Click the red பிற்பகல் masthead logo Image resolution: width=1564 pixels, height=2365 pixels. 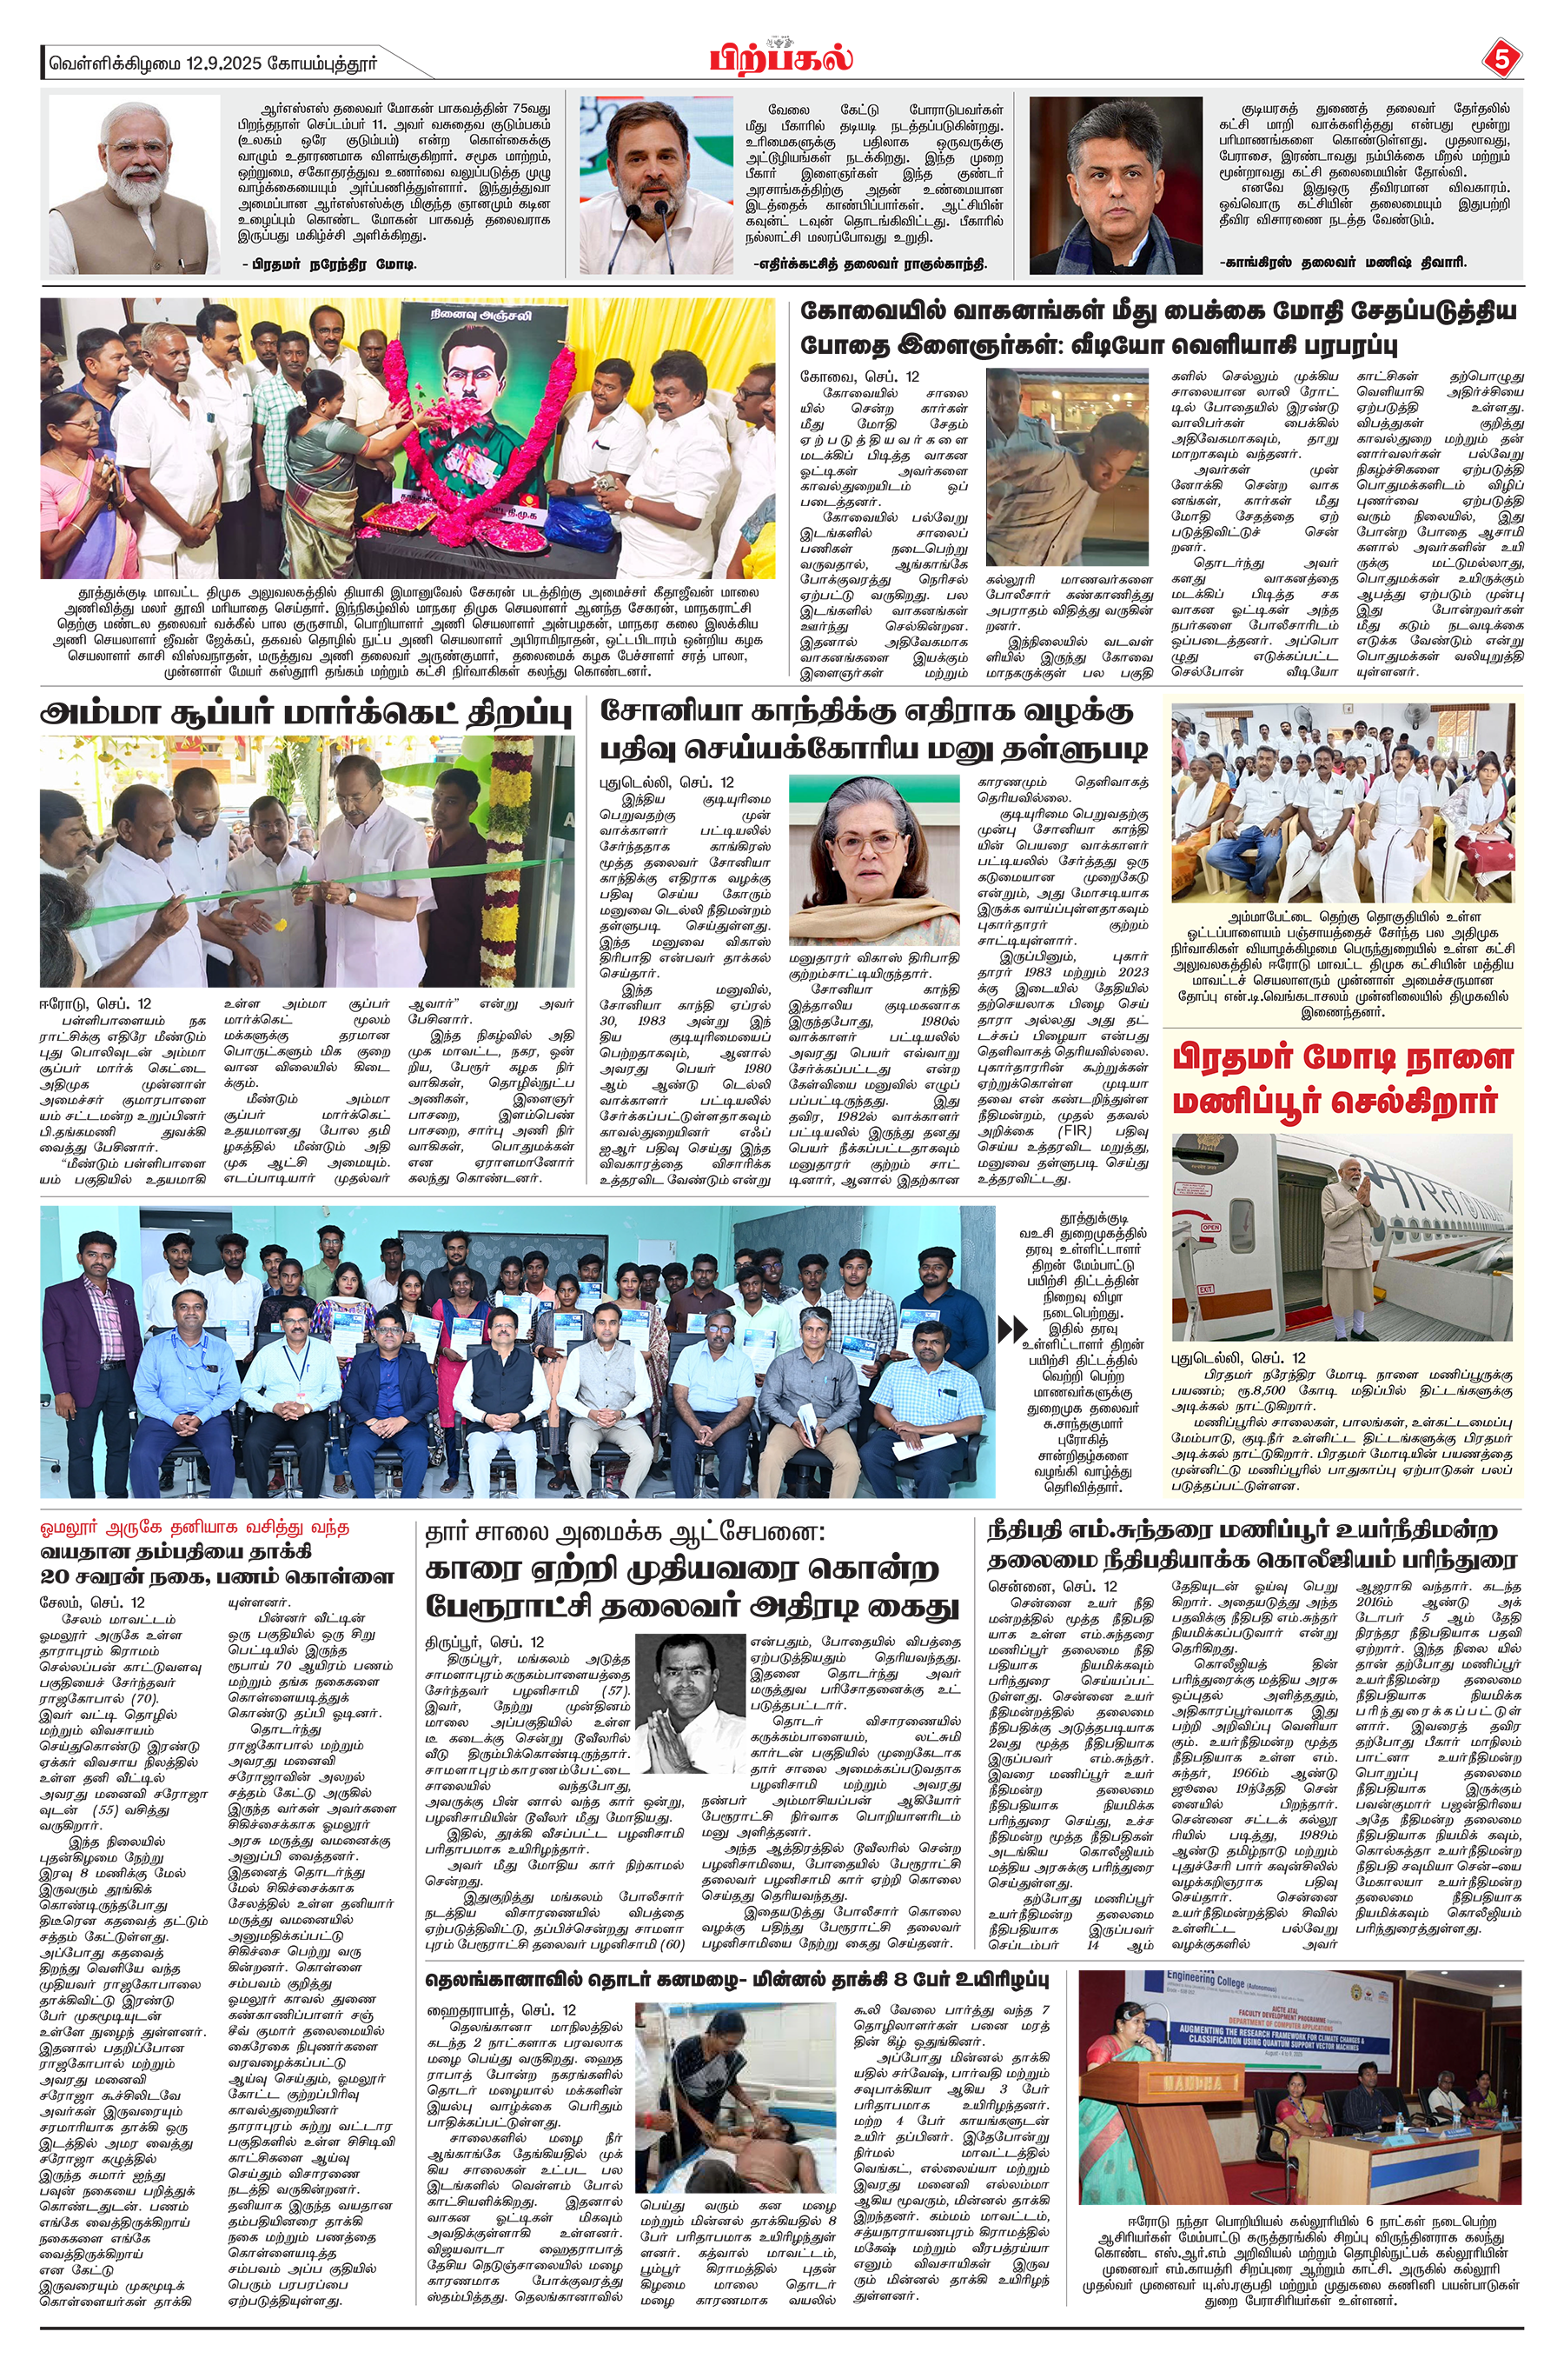pos(781,58)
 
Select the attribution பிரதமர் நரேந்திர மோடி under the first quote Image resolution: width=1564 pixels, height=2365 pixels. pos(328,263)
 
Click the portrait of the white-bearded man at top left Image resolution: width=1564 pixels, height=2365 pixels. pos(135,184)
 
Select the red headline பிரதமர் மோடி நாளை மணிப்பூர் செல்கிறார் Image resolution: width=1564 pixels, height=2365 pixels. pos(1342,1080)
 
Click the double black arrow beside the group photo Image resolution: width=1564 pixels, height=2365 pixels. pos(1012,1330)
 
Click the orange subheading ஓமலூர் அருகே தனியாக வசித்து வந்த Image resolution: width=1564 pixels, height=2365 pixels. pos(195,1528)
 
